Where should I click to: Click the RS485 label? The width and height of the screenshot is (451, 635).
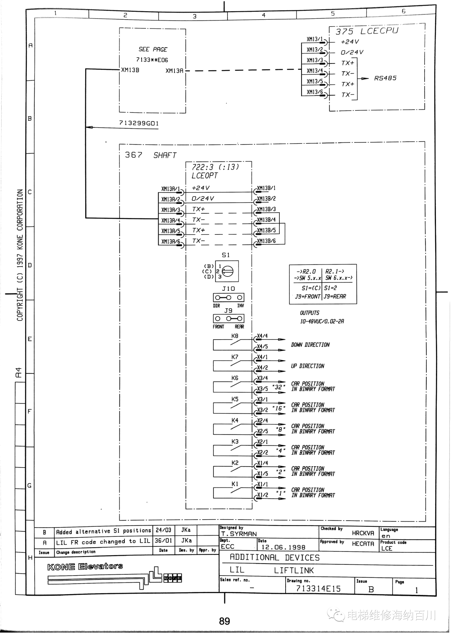[x=385, y=78]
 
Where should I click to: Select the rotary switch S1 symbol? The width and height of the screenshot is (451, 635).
[x=227, y=271]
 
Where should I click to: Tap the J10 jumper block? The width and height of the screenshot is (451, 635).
[x=228, y=297]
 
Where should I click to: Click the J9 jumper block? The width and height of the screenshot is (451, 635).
[x=228, y=318]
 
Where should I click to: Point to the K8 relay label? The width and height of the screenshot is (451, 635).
[x=235, y=336]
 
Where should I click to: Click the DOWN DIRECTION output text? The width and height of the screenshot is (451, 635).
[x=310, y=345]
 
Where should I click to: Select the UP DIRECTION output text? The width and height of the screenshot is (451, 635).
[x=307, y=366]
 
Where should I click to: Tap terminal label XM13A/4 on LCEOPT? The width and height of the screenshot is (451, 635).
[x=170, y=220]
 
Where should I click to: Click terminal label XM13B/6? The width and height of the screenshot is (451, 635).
[x=266, y=241]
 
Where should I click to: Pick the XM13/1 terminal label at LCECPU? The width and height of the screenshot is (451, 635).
[x=315, y=39]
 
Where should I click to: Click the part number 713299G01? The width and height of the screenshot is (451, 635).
[x=139, y=123]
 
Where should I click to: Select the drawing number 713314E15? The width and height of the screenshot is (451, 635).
[x=318, y=589]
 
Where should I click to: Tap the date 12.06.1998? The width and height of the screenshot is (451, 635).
[x=283, y=547]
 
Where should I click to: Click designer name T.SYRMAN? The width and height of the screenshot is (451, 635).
[x=239, y=534]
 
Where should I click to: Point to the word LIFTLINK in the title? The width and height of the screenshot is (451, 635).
[x=294, y=570]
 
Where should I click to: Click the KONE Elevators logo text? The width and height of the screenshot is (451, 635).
[x=85, y=566]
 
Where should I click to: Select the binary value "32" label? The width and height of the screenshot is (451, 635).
[x=279, y=387]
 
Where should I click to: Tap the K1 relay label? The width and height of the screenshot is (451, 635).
[x=235, y=484]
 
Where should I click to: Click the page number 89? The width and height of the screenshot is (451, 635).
[x=224, y=621]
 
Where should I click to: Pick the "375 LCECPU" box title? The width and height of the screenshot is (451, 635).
[x=367, y=31]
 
